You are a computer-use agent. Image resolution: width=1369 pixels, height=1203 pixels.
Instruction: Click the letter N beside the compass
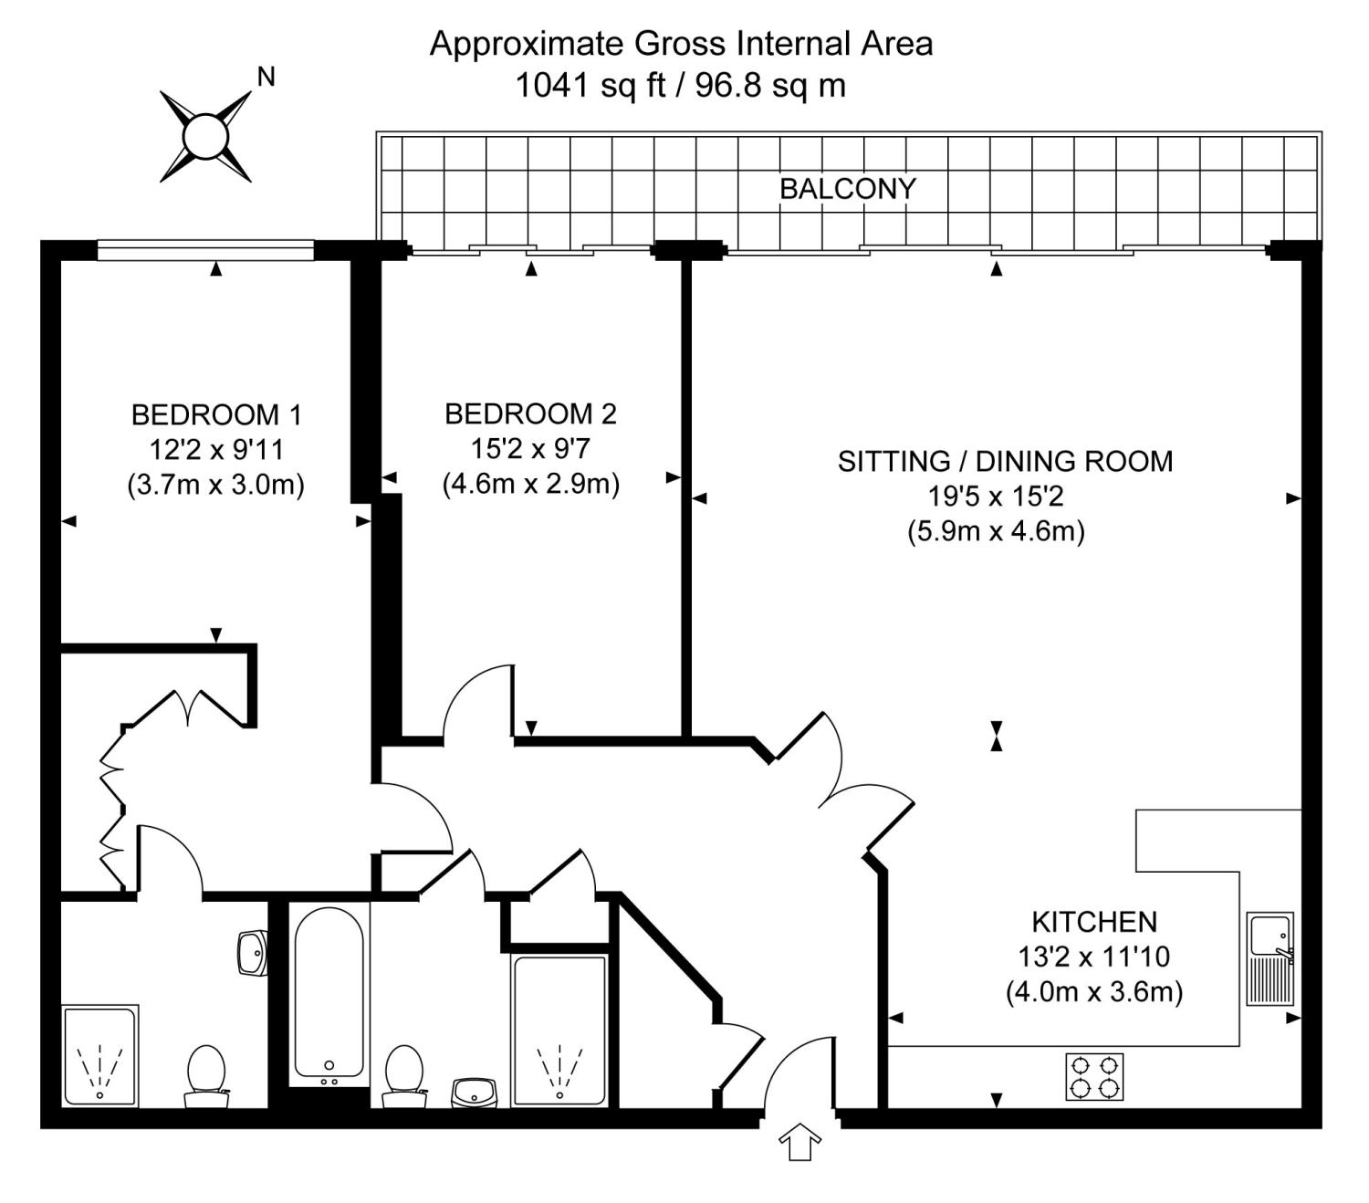point(266,78)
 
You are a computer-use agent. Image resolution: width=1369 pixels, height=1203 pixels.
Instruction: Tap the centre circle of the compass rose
point(204,137)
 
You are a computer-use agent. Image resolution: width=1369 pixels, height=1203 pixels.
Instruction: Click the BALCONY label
point(847,189)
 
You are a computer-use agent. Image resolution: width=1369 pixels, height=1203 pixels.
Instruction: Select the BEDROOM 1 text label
point(216,415)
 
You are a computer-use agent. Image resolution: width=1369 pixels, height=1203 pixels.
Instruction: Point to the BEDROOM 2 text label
point(530,414)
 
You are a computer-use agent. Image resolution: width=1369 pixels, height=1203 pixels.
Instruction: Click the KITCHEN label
point(1093,922)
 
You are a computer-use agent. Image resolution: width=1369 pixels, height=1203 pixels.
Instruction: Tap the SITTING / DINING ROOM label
point(1005,462)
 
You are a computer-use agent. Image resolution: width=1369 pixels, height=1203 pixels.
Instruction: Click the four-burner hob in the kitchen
point(1094,1076)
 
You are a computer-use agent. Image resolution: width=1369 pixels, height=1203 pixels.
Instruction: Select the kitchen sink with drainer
point(1270,958)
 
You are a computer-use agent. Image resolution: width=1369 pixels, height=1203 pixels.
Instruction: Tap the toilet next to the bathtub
point(403,1074)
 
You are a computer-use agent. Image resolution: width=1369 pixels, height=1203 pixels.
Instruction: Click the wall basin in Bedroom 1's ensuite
point(252,953)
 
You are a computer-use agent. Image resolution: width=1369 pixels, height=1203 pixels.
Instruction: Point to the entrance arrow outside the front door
point(799,1142)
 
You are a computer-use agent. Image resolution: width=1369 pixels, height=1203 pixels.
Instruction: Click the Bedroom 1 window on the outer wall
point(205,249)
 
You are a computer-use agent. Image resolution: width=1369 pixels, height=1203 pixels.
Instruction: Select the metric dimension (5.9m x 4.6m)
point(996,531)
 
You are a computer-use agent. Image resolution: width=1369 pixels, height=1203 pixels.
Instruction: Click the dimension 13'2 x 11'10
point(1093,957)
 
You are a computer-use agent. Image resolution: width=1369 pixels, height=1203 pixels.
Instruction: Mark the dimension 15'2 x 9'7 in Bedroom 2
point(530,449)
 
